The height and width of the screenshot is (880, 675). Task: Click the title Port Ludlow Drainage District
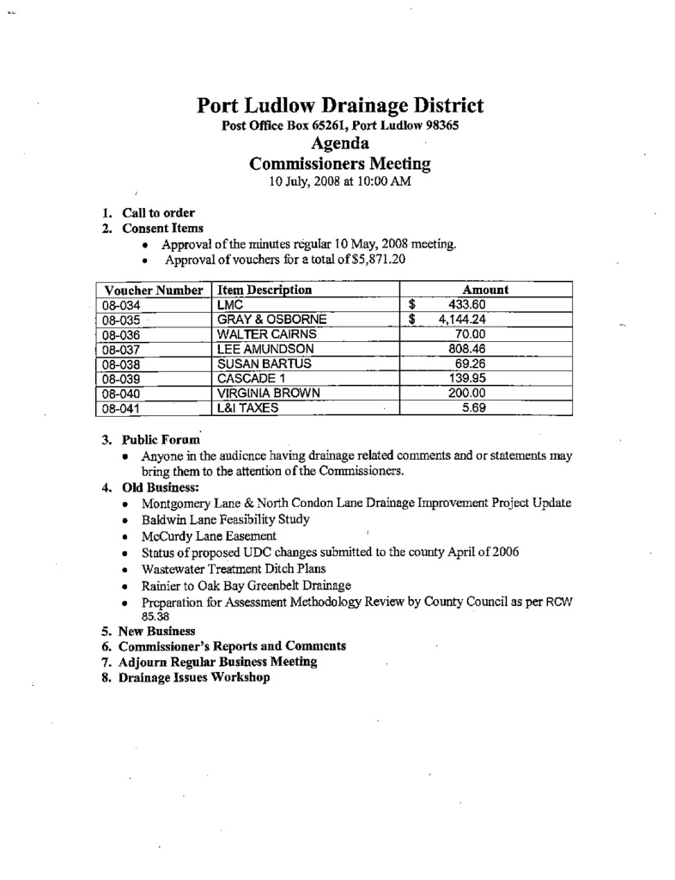tap(340, 106)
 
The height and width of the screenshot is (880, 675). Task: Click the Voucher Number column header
tap(151, 290)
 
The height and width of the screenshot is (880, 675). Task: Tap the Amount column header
tap(485, 290)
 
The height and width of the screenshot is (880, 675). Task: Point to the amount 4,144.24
tap(462, 320)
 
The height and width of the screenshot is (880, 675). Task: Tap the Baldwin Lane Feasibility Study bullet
tap(226, 519)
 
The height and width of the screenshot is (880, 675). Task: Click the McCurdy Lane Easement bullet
tap(209, 535)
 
